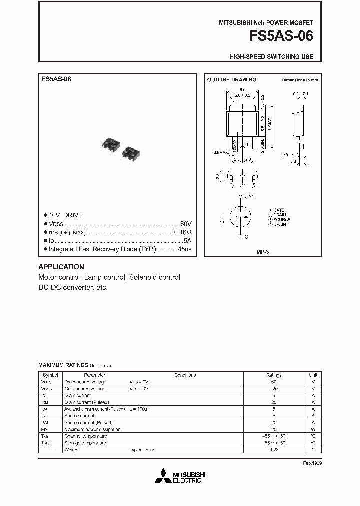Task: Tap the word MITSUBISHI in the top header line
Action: [237, 23]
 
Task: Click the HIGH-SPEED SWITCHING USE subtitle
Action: [271, 57]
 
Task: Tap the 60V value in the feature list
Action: [185, 224]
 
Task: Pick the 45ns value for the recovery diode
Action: [186, 249]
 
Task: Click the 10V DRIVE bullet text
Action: [65, 215]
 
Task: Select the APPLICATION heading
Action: [61, 267]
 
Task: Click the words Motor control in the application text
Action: [59, 277]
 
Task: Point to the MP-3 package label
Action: [262, 252]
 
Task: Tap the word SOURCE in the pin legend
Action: [282, 220]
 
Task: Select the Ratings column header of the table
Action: [274, 375]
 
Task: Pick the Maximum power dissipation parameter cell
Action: [92, 429]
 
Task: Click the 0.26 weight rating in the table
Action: [274, 450]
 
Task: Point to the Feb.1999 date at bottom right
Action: [312, 463]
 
